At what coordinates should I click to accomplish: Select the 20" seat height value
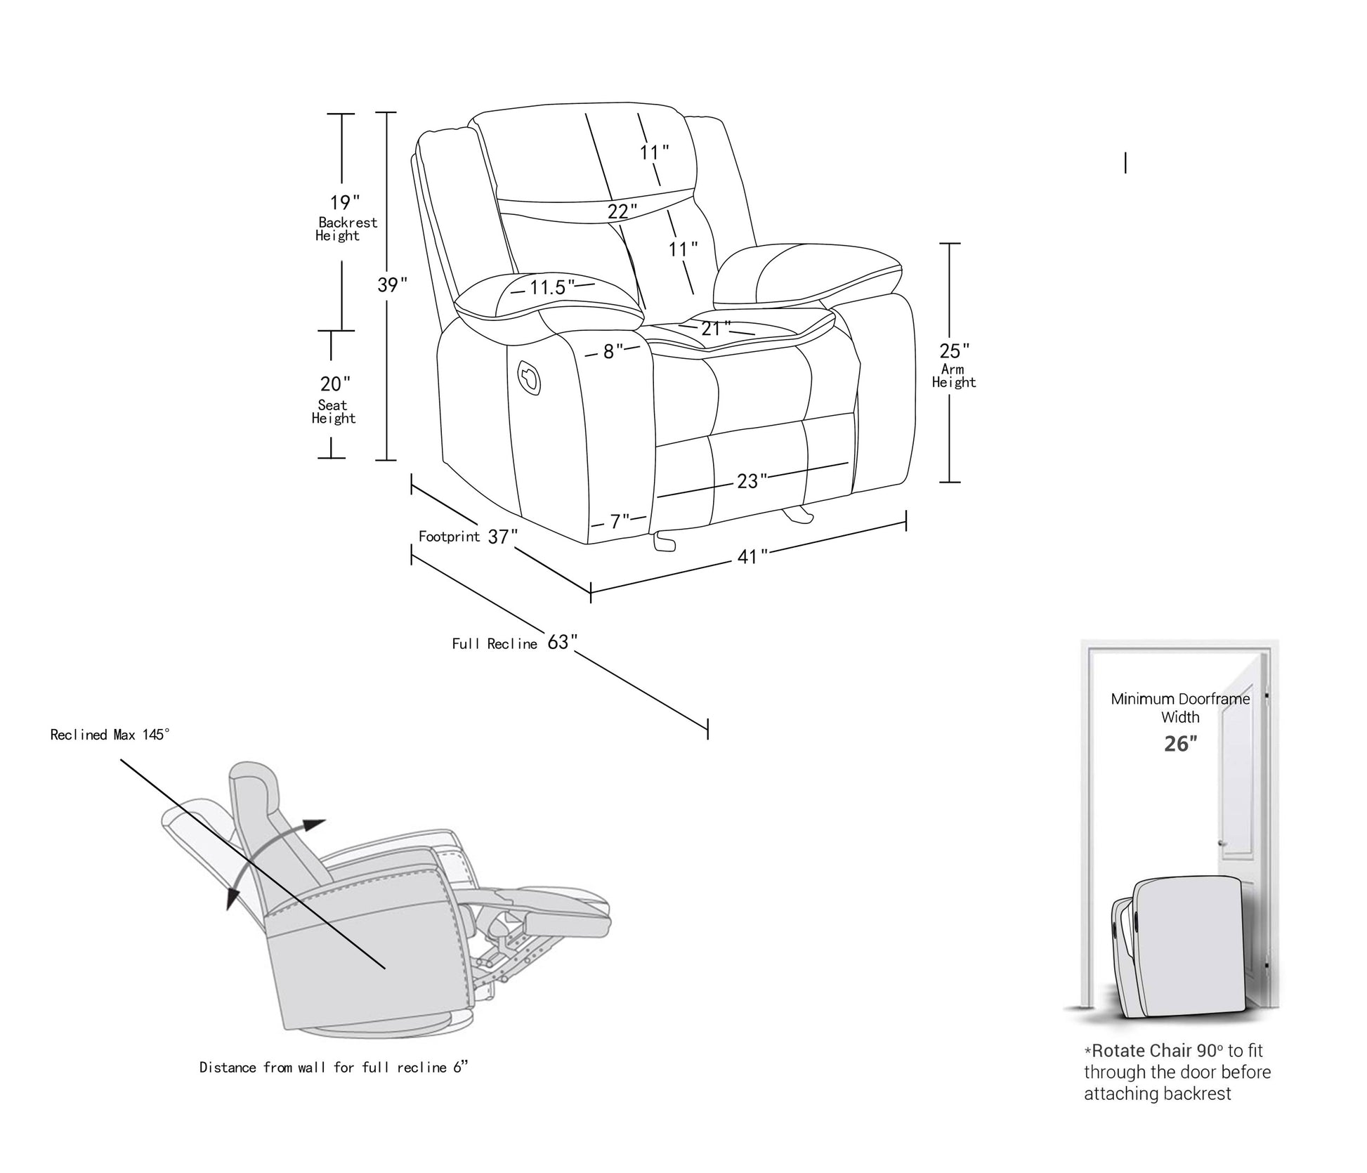(x=335, y=384)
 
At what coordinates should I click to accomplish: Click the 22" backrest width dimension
(x=622, y=211)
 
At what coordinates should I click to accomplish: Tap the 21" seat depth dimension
(x=715, y=328)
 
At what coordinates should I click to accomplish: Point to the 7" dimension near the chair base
(x=619, y=522)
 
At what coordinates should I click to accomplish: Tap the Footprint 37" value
(x=503, y=537)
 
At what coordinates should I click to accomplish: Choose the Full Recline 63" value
(x=562, y=642)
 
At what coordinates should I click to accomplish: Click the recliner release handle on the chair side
(x=528, y=377)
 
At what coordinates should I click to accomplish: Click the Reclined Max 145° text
(x=110, y=735)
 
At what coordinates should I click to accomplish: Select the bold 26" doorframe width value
(x=1180, y=743)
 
